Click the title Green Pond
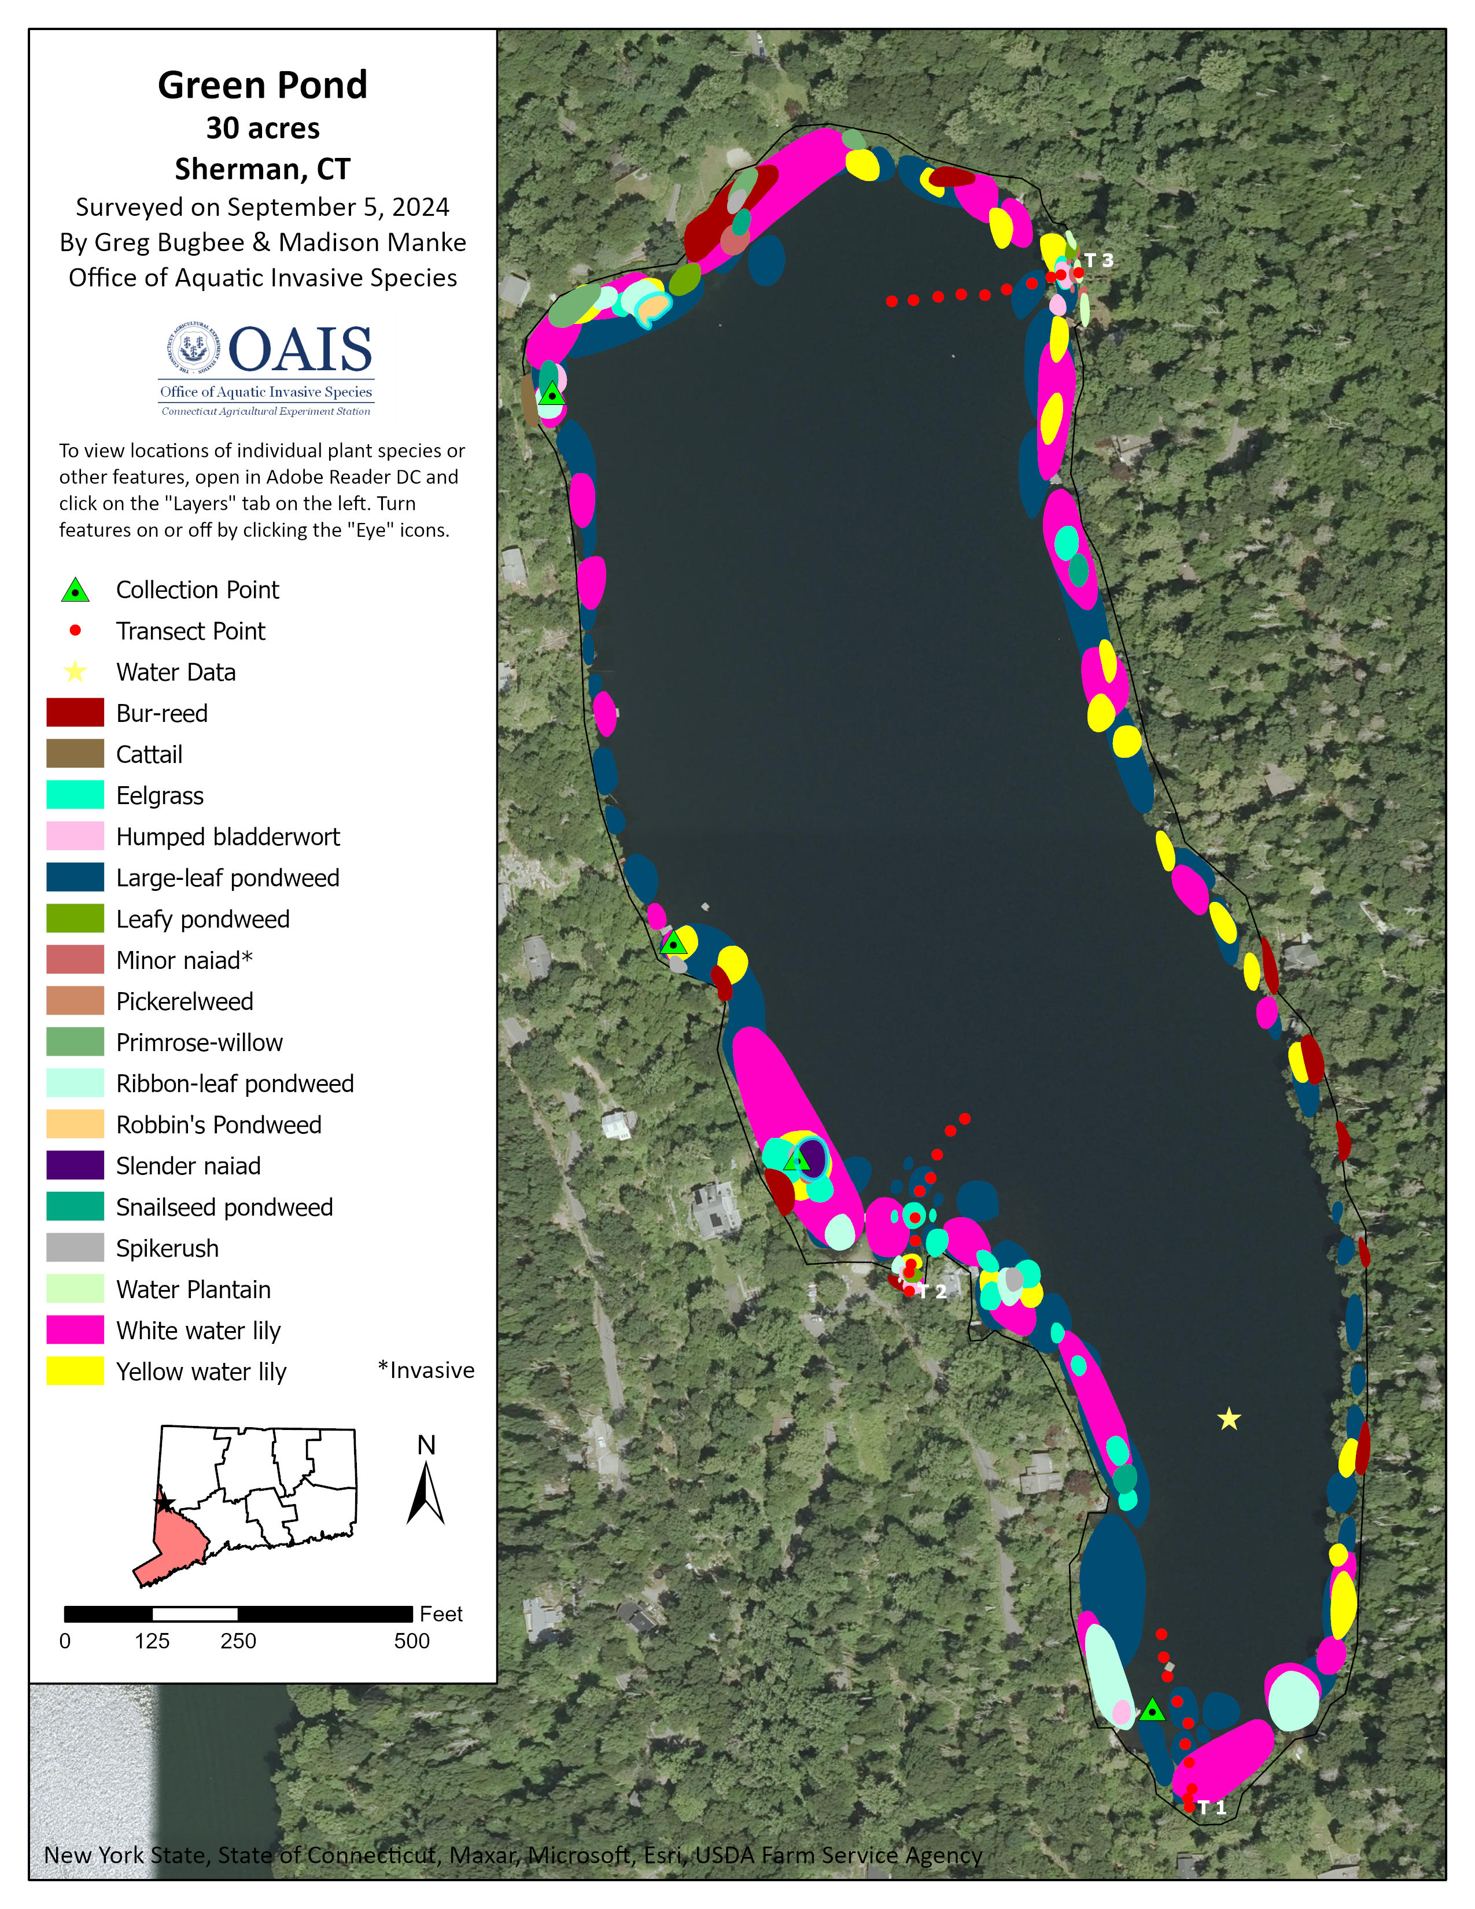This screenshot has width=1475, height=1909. coord(262,86)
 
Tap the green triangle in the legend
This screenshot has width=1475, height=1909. coord(76,591)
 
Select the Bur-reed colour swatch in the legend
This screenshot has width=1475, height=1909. coord(75,713)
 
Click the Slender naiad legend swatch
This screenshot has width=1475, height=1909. coord(75,1166)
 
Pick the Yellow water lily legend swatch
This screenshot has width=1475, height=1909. coord(75,1372)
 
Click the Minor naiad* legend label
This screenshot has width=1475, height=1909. coord(185,961)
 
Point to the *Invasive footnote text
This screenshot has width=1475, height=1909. coord(426,1370)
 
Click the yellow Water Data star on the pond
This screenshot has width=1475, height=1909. coord(1229,1420)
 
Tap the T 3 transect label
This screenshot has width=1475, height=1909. coord(1098,260)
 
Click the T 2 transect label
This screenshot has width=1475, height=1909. coord(932,1292)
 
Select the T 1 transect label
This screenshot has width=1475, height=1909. coord(1211,1808)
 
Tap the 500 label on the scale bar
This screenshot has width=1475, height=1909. coord(412,1642)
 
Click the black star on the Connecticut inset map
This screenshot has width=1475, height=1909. coord(163,1503)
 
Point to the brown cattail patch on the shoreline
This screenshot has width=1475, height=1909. coord(529,401)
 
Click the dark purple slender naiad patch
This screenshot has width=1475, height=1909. coord(813,1158)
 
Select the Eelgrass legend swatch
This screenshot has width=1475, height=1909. coord(75,795)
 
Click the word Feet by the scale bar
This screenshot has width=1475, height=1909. coord(441,1613)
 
